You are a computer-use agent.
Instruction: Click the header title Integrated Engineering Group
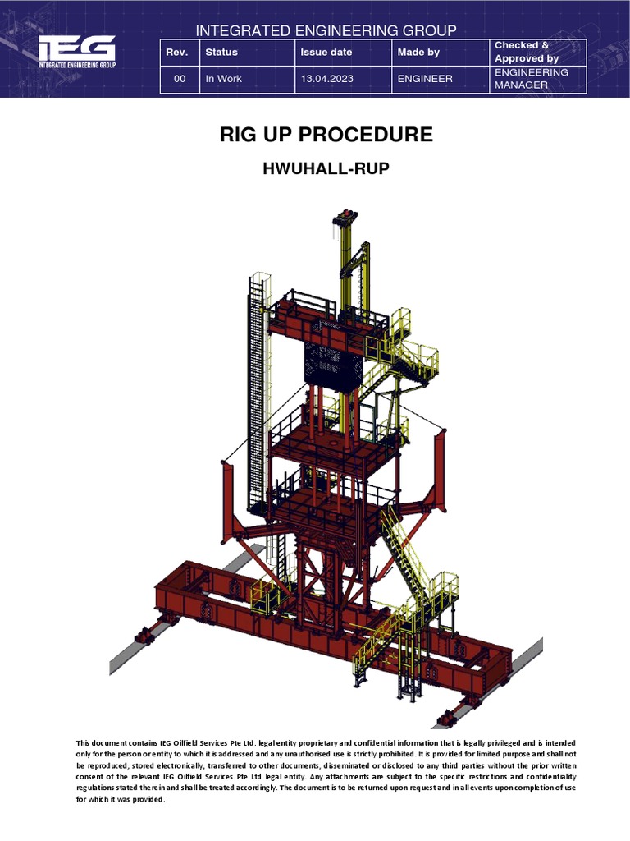(x=326, y=30)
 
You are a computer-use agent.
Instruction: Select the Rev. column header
(x=176, y=52)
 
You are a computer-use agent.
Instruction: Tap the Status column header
(x=221, y=52)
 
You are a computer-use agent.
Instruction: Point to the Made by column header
(x=418, y=52)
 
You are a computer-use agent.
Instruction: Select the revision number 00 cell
(x=180, y=79)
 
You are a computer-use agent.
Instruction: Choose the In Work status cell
(x=224, y=79)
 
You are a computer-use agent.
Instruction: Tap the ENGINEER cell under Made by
(x=424, y=79)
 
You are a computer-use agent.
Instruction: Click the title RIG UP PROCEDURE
(x=326, y=135)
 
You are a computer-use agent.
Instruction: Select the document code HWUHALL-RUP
(x=326, y=169)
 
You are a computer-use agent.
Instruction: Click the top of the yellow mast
(x=345, y=218)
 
